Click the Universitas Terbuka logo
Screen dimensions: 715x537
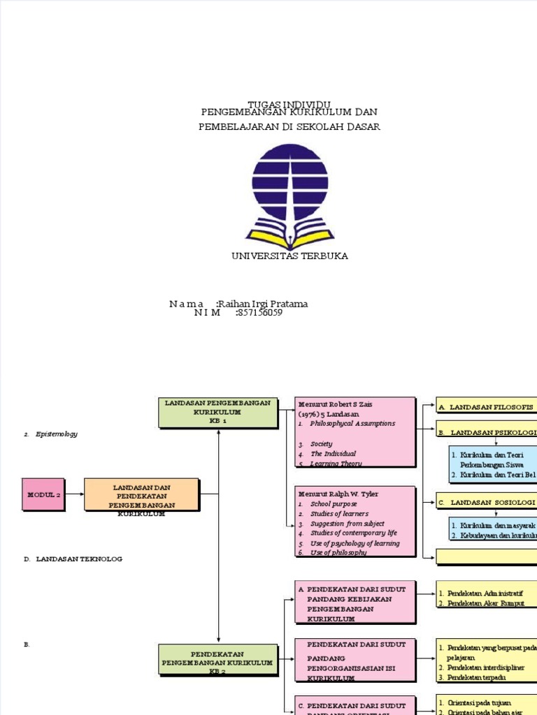click(289, 196)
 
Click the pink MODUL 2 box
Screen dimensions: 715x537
click(43, 494)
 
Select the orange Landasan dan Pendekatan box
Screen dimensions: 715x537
click(141, 495)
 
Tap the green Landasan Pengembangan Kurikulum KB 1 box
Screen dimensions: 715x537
click(217, 412)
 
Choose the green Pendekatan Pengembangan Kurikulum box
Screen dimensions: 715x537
click(217, 660)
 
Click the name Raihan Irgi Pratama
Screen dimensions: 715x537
click(263, 304)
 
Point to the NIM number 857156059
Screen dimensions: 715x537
click(260, 313)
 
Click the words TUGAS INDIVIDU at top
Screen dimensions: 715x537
click(289, 103)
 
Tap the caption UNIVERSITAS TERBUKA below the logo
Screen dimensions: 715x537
click(289, 256)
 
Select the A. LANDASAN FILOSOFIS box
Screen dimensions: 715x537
click(487, 406)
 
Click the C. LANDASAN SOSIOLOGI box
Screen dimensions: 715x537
click(487, 502)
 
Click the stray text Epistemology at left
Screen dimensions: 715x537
click(57, 434)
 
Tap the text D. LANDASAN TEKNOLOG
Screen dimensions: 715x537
click(79, 559)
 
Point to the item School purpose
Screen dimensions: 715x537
click(334, 503)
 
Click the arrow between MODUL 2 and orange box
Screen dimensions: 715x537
click(74, 495)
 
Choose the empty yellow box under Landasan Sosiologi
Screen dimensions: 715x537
click(487, 556)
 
